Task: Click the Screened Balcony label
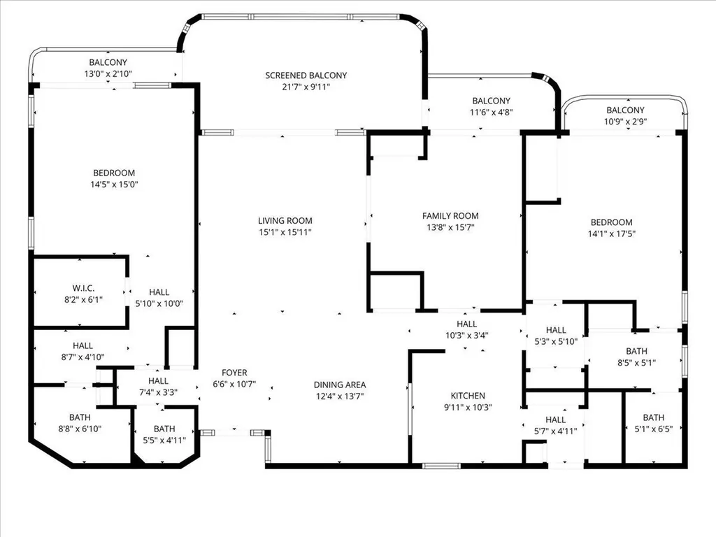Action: [306, 76]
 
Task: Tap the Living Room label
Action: [285, 221]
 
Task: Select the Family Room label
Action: [450, 216]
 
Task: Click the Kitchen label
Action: [468, 396]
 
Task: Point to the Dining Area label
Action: [339, 385]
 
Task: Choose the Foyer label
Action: [234, 373]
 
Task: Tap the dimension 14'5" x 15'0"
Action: [114, 185]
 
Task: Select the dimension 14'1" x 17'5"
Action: [611, 234]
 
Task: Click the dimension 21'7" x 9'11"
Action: [306, 87]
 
